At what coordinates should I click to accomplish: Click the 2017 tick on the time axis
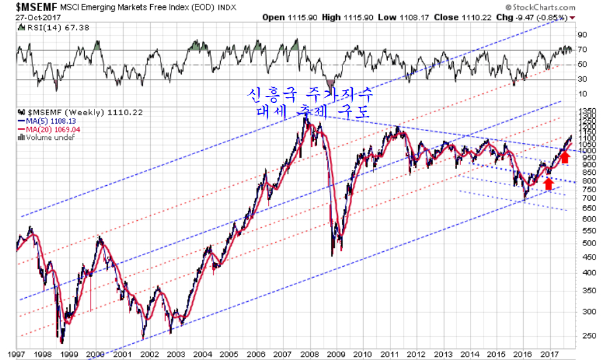(x=550, y=355)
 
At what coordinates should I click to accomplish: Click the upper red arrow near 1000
(x=565, y=156)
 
